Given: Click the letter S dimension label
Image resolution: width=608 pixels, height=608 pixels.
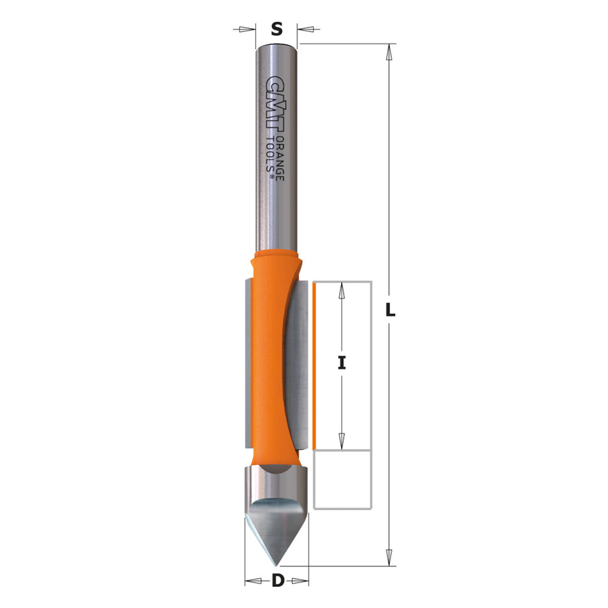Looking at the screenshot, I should pos(276,29).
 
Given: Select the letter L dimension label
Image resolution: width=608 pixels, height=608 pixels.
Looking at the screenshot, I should pos(390,310).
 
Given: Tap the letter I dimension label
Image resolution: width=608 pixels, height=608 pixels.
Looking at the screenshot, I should pos(342,364).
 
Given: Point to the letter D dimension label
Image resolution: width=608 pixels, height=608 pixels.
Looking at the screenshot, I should pos(277,581).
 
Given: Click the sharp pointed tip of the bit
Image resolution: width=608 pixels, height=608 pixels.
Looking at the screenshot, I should pos(276,564).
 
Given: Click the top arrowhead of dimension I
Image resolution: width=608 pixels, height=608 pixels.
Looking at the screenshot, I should pos(342,289).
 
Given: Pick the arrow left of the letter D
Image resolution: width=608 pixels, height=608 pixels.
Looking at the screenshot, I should pos(254,581).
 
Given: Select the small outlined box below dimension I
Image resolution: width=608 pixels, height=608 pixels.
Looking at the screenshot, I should pos(343,479).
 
